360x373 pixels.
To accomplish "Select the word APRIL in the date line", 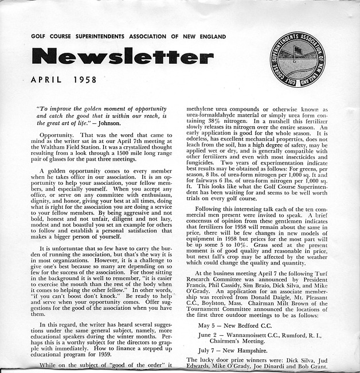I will coord(46,80).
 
